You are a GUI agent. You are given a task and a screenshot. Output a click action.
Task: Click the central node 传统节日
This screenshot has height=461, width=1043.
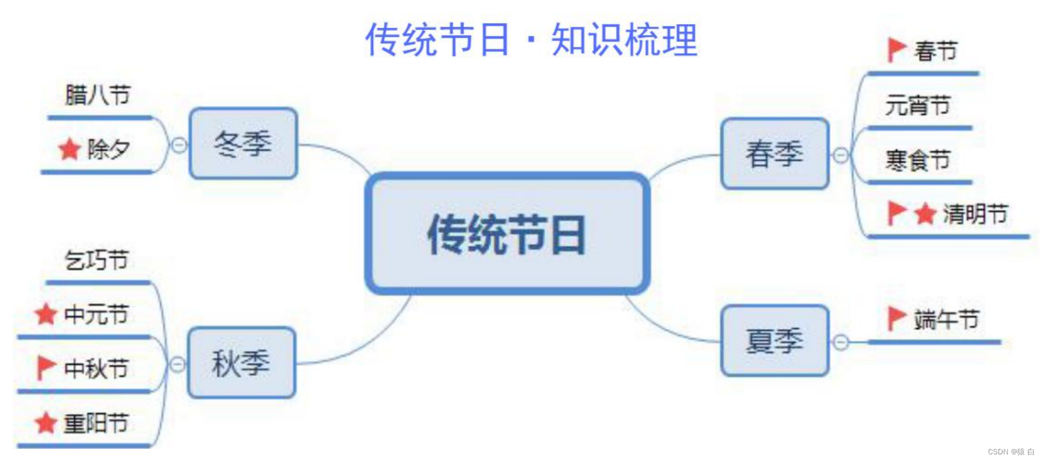[x=507, y=234]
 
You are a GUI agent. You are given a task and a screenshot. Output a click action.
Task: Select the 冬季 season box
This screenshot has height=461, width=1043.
[x=243, y=144]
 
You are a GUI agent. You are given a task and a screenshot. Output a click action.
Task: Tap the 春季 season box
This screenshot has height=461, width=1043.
[x=775, y=153]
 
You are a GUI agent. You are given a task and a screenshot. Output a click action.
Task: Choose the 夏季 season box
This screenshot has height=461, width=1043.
[x=775, y=341]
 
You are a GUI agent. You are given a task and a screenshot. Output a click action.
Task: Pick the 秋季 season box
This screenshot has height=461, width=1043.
[x=241, y=363]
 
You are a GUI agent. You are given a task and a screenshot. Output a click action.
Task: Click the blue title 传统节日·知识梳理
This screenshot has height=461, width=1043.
[x=531, y=40]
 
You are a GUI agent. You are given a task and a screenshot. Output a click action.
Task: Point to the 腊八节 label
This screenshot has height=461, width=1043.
[x=98, y=95]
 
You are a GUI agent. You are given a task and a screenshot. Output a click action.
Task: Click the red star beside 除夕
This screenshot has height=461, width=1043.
[x=69, y=148]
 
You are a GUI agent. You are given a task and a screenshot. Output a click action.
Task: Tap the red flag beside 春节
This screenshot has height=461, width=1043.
[x=896, y=49]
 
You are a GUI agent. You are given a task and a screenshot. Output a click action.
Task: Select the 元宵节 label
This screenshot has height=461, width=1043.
[x=917, y=105]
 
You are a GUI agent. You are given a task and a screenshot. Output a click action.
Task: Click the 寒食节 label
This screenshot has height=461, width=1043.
[x=917, y=160]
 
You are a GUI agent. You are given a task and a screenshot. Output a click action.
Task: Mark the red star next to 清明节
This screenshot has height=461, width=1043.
[x=925, y=214]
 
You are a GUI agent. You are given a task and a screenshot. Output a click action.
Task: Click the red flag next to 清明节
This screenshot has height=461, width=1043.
[x=896, y=213]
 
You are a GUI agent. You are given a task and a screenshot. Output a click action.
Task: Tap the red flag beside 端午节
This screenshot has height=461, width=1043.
[x=896, y=318]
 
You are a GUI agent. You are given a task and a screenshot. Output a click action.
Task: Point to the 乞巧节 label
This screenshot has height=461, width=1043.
[x=97, y=260]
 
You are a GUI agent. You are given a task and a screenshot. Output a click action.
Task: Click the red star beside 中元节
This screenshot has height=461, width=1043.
[x=46, y=314]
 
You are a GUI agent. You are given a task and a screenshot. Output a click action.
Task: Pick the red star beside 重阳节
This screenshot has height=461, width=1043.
[x=46, y=423]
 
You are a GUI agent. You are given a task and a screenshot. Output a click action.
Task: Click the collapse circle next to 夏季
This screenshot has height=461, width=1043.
[x=841, y=343]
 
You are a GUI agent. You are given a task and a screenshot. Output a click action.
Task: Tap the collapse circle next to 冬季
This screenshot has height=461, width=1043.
[x=179, y=145]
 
